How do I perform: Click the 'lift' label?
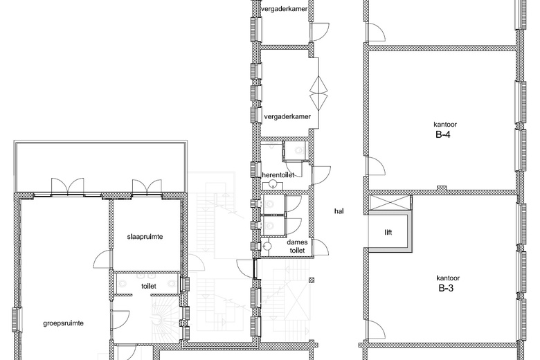388,232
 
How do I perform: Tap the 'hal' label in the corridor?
339,211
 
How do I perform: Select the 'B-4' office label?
443,134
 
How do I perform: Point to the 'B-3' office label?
446,288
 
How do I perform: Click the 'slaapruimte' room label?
145,237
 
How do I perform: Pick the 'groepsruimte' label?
64,323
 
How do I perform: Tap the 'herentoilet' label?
278,175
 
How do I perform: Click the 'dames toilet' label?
297,246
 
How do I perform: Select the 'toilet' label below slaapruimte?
149,286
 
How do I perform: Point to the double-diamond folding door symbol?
318,92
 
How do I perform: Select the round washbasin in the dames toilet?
267,246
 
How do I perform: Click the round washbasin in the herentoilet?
273,184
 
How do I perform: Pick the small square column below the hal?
312,280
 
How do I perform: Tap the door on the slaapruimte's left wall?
102,259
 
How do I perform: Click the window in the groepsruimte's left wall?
17,320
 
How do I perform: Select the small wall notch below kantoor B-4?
442,188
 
